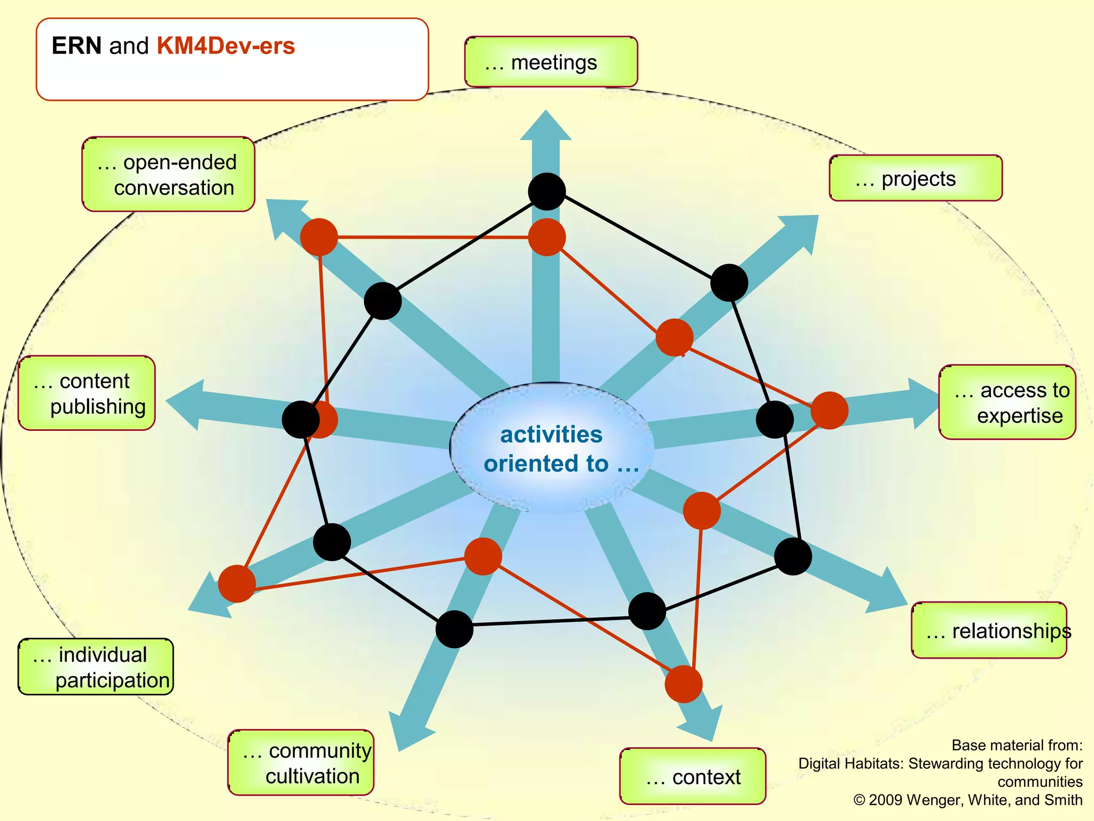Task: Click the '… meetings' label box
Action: [551, 62]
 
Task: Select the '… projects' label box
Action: [915, 179]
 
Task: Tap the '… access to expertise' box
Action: [1007, 402]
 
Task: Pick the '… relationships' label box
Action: [989, 631]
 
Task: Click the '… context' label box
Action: [692, 776]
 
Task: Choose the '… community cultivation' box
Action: [301, 763]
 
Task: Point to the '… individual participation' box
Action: [96, 667]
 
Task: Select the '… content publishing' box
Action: [87, 393]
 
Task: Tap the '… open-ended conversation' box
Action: [168, 175]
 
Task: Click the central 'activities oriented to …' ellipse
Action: [551, 448]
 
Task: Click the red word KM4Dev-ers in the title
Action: [225, 46]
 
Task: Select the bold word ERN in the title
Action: [76, 46]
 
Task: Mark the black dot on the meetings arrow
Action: [546, 191]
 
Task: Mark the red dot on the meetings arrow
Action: [546, 237]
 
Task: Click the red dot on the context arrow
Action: [683, 684]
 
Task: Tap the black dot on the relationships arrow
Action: [793, 557]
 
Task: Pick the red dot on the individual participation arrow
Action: [237, 584]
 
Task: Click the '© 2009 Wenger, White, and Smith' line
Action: [967, 800]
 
